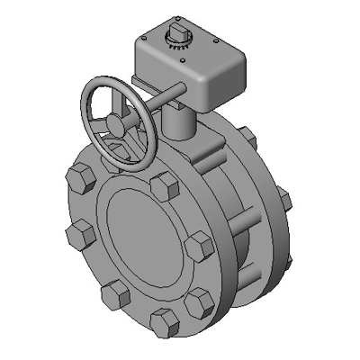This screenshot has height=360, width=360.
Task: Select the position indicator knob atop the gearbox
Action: coord(175,36)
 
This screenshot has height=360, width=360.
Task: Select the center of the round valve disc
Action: coord(148,238)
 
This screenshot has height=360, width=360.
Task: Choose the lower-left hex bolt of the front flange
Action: coord(113,294)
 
